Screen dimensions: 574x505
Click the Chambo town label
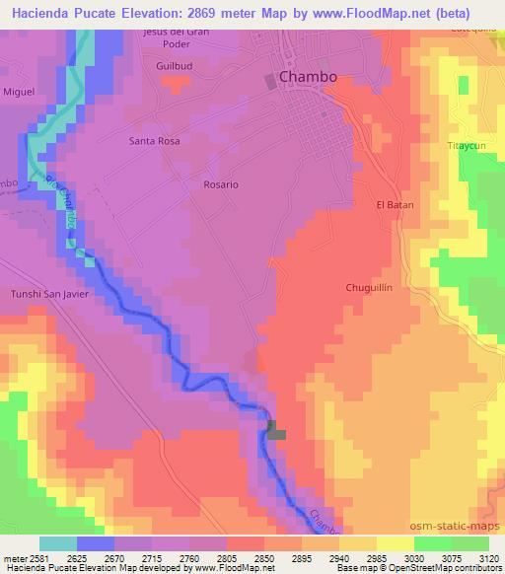click(308, 76)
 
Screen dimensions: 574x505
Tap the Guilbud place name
click(172, 66)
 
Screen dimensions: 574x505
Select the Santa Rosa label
click(155, 141)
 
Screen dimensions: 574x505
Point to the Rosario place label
click(221, 184)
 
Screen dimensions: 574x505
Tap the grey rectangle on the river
click(276, 430)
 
